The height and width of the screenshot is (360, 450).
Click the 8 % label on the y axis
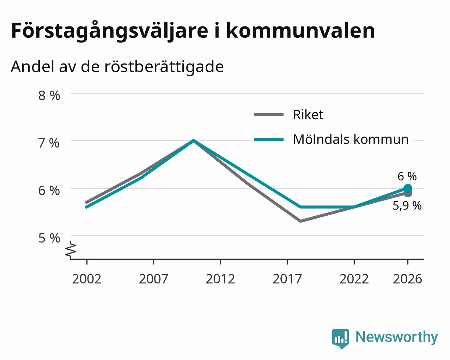click(49, 96)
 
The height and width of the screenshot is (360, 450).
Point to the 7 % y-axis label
click(49, 143)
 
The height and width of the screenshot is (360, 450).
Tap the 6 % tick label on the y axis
click(49, 191)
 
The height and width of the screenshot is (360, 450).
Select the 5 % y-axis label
click(49, 238)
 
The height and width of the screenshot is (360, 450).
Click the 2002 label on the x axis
click(86, 279)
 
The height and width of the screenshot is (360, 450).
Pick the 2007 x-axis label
click(153, 279)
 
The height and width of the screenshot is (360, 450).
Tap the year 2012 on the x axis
click(220, 279)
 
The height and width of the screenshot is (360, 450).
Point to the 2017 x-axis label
click(287, 279)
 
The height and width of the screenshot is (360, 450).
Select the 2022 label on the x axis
click(354, 279)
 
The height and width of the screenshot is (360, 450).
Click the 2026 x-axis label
click(408, 279)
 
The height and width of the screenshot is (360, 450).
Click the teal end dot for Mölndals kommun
click(408, 188)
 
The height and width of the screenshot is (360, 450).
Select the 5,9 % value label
click(407, 205)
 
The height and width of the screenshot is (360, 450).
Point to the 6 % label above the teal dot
click(407, 176)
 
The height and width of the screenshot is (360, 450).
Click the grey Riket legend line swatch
click(269, 115)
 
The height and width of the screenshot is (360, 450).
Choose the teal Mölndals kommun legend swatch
click(269, 139)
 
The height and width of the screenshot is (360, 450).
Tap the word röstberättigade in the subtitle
click(164, 67)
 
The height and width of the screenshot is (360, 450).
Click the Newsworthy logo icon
click(341, 338)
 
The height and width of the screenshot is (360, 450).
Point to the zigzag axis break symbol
click(71, 250)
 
